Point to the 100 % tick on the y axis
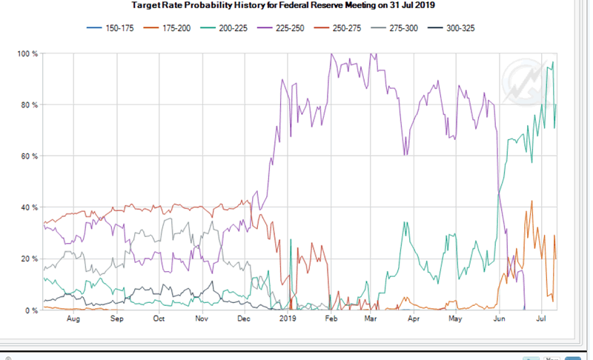pos(27,54)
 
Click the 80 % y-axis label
pos(29,105)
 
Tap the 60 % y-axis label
pos(29,156)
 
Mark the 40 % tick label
pos(29,207)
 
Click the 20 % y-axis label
pos(29,259)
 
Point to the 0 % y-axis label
pos(30,310)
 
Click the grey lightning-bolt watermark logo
pos(524,79)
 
